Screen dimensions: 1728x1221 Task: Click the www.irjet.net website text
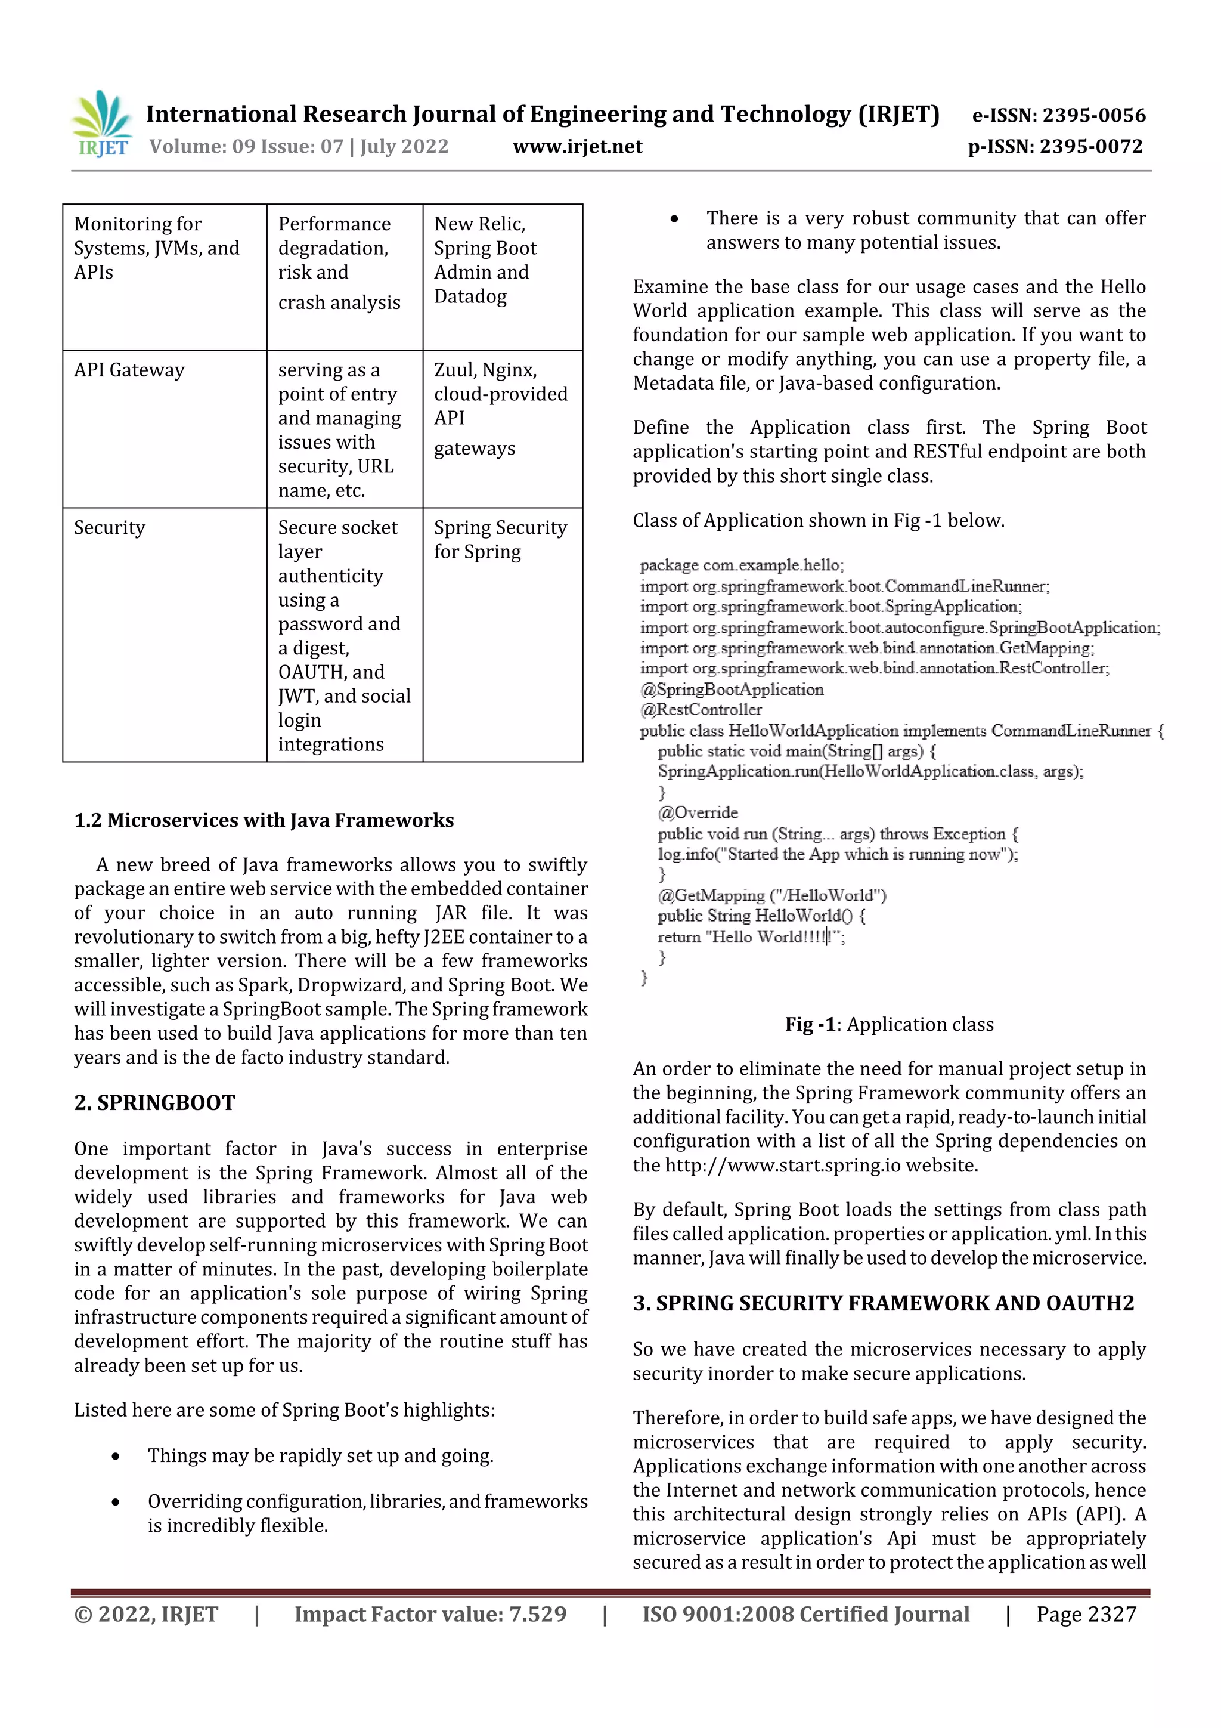tap(577, 146)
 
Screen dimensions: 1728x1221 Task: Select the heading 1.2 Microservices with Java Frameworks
tap(264, 820)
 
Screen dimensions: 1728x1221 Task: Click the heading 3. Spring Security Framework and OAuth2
tap(883, 1303)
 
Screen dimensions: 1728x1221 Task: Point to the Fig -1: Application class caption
tap(890, 1024)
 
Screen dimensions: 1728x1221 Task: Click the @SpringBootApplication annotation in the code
tap(732, 690)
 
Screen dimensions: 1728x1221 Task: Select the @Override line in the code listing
tap(698, 813)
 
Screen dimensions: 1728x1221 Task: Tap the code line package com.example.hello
tap(742, 565)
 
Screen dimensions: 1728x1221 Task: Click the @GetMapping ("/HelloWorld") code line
tap(772, 895)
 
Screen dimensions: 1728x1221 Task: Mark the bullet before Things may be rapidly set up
tap(115, 1457)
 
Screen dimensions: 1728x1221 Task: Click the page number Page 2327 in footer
tap(1086, 1614)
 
